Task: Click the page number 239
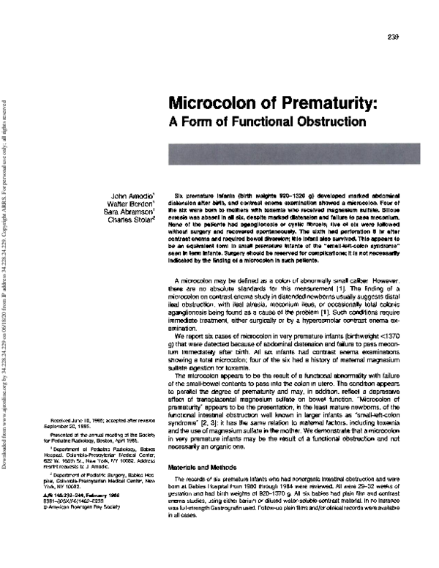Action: pyautogui.click(x=392, y=38)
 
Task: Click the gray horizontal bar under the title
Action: pyautogui.click(x=285, y=153)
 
